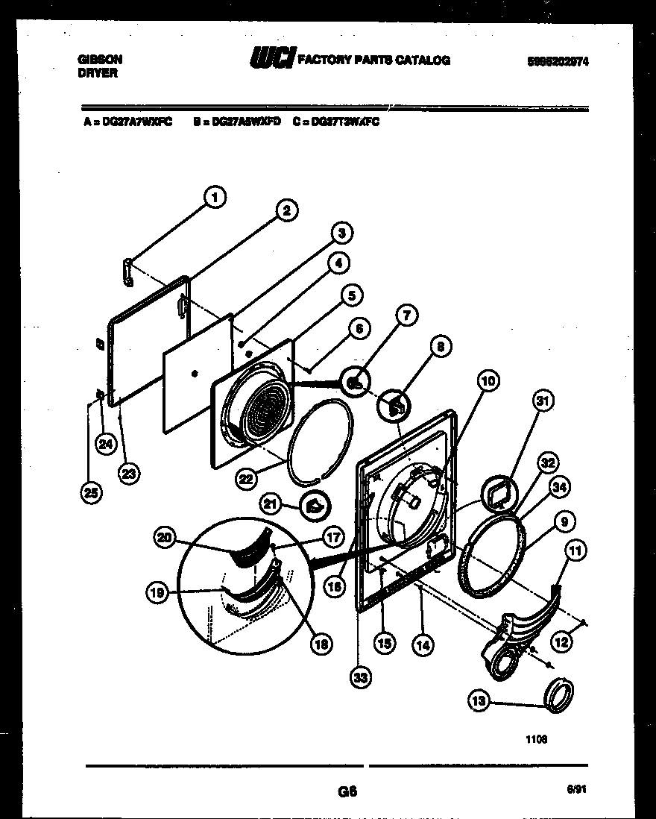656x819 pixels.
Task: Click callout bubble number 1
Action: click(215, 198)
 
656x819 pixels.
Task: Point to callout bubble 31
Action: click(543, 401)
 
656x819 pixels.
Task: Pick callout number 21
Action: click(269, 505)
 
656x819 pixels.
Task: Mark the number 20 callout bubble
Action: click(165, 536)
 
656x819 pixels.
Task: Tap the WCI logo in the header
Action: click(272, 59)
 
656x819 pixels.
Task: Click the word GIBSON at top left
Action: click(100, 58)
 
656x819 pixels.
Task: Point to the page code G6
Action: click(347, 792)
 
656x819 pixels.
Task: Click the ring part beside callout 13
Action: click(559, 693)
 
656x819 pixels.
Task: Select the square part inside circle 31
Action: click(497, 493)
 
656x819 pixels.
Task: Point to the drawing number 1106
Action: click(535, 739)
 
